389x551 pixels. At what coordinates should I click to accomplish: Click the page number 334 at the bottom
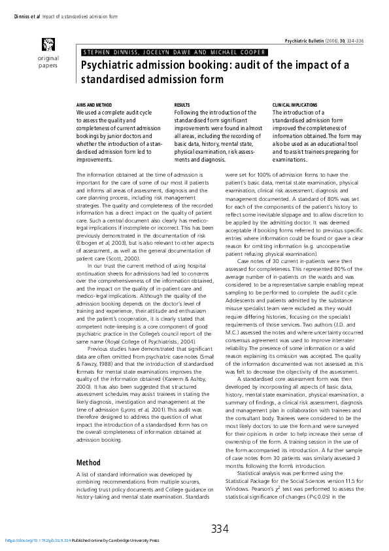point(220,529)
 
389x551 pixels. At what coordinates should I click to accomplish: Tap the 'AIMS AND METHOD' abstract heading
point(94,105)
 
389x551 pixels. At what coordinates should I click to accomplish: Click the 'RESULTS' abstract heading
point(182,105)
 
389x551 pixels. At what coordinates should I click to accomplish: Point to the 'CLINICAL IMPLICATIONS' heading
point(294,105)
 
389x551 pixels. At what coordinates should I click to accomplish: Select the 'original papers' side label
point(47,62)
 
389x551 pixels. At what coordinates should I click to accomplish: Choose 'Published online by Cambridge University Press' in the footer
point(115,541)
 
